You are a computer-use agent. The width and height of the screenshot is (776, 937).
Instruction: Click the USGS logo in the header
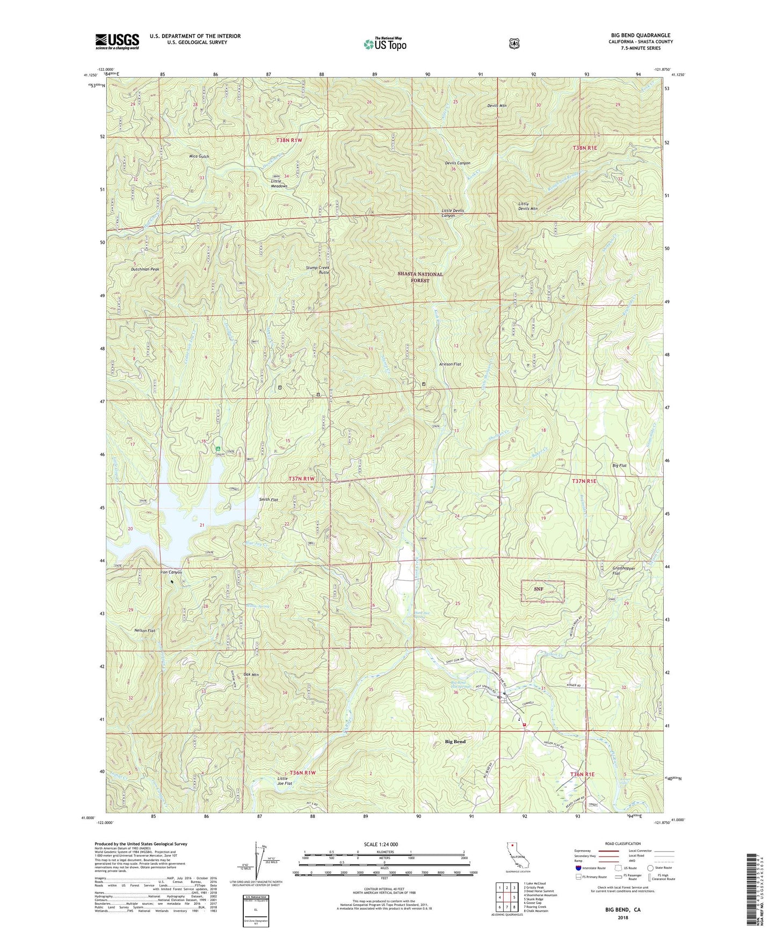click(x=117, y=41)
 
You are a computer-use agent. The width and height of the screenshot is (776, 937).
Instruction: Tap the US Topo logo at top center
click(x=385, y=44)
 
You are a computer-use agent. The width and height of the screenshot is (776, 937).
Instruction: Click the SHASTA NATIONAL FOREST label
click(x=420, y=277)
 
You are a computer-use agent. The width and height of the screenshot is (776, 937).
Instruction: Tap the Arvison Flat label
click(x=450, y=364)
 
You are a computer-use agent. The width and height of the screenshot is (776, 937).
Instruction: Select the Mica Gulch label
click(x=199, y=156)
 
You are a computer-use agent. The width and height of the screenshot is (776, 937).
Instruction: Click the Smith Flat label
click(x=269, y=500)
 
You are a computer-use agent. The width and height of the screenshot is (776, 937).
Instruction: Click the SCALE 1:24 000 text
click(x=381, y=844)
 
